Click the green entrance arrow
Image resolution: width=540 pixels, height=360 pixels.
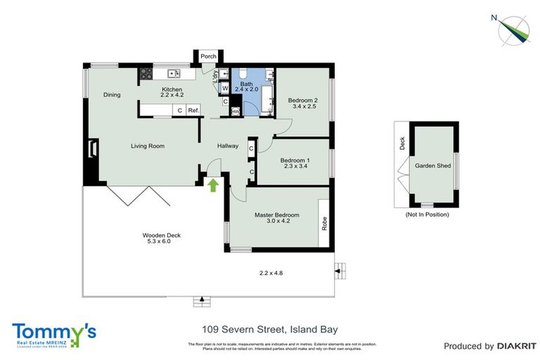point(212,184)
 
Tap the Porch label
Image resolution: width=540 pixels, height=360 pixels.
point(208,57)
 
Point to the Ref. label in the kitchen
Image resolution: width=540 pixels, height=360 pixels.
point(193,110)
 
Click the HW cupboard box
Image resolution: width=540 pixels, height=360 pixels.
point(236,111)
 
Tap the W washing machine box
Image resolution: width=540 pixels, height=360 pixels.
point(224,89)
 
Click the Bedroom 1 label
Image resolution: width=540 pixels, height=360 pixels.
point(290,160)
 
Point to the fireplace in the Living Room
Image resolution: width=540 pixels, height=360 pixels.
point(92,149)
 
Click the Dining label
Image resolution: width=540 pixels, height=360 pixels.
point(112,95)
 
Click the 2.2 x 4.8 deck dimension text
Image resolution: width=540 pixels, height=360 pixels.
point(271,273)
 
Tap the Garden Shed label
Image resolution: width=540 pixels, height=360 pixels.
point(432,167)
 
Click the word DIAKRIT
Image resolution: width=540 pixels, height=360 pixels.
point(517,346)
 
